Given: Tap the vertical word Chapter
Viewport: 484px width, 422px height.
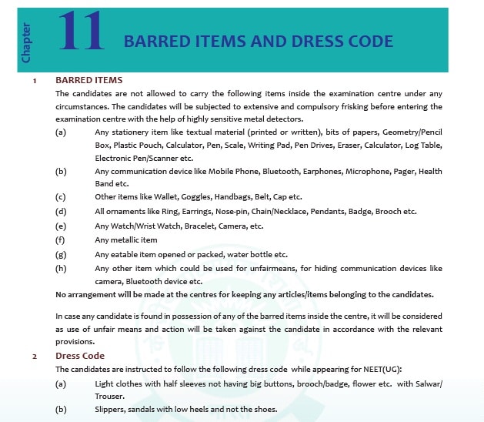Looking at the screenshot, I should (x=26, y=43).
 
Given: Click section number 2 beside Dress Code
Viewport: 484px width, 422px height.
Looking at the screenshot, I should (x=34, y=357).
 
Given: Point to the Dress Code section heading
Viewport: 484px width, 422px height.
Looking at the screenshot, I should (x=79, y=357).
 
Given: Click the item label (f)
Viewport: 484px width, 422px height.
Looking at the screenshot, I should (x=61, y=240).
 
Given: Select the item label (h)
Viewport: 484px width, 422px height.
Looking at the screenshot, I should (x=61, y=269).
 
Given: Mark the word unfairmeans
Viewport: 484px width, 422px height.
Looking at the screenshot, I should (x=258, y=269).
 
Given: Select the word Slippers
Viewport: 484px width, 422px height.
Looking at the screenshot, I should (x=112, y=410).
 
